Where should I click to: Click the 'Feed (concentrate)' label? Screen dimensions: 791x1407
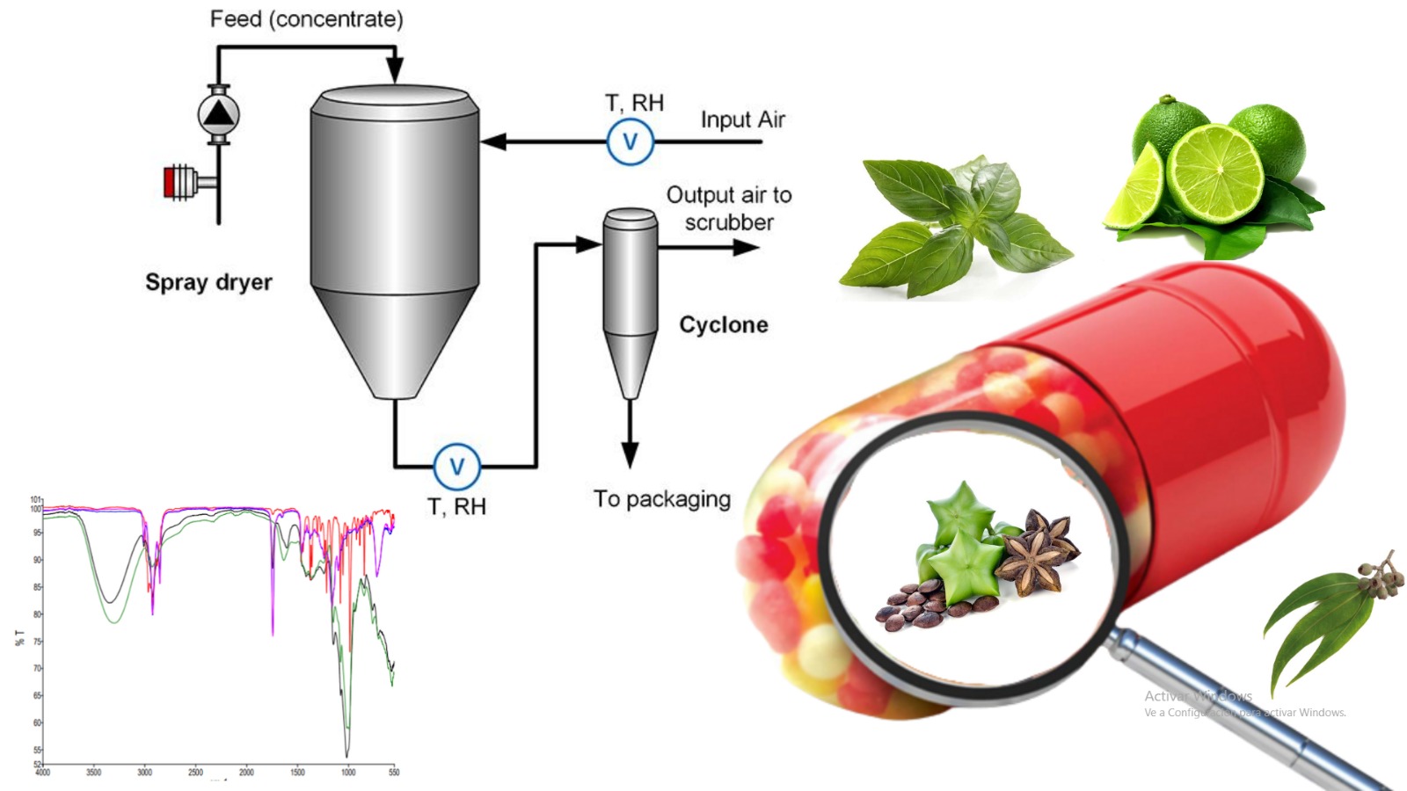306,19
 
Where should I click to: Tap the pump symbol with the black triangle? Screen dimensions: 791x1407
217,113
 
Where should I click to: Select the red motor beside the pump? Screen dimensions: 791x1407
170,182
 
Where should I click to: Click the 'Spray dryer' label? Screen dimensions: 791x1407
208,282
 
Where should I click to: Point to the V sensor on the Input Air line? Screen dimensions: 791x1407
630,142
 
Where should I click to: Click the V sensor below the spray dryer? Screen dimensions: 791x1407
456,466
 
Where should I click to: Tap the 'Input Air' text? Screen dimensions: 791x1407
742,120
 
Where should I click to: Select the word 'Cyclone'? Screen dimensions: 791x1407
723,325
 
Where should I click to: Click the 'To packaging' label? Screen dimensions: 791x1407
661,499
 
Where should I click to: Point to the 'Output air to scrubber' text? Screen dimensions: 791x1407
728,208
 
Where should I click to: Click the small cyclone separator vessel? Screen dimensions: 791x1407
630,290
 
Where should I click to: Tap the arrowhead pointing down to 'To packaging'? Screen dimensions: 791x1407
630,454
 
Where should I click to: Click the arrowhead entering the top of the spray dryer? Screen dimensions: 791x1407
395,69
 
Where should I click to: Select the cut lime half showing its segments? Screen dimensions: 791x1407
1215,172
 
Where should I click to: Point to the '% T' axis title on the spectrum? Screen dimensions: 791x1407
19,637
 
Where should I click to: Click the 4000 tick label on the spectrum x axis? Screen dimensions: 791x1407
42,773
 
